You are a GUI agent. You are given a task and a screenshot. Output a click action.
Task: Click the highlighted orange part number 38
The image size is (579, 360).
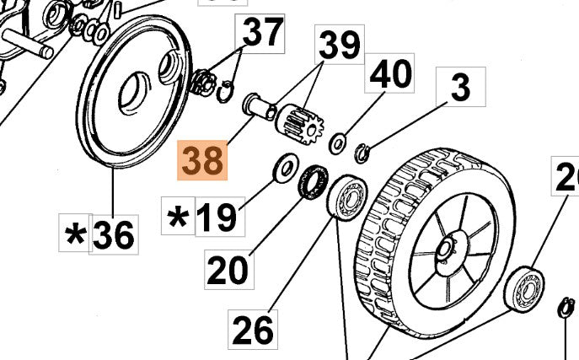pyautogui.click(x=202, y=159)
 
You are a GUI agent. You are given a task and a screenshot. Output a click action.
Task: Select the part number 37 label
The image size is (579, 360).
pyautogui.click(x=263, y=34)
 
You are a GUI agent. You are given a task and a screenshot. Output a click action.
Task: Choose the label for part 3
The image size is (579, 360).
pyautogui.click(x=459, y=87)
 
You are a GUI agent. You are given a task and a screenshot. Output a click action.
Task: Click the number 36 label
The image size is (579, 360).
pyautogui.click(x=113, y=234)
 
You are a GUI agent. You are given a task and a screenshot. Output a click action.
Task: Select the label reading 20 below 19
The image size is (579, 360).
pyautogui.click(x=228, y=270)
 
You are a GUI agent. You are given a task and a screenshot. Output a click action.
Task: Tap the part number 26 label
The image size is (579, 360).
pyautogui.click(x=253, y=328)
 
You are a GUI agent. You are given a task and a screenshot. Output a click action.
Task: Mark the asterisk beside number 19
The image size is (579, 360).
pyautogui.click(x=178, y=218)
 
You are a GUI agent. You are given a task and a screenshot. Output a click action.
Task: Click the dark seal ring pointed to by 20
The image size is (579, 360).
pyautogui.click(x=314, y=183)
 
